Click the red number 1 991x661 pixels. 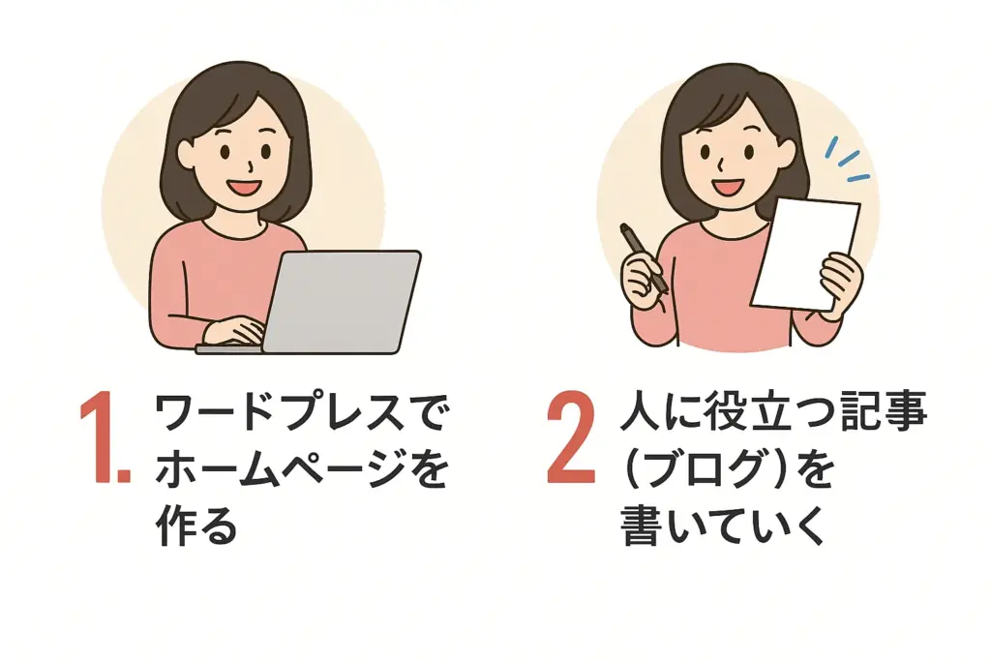[97, 437]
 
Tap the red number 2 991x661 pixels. [571, 437]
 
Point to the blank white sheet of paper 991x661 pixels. [805, 254]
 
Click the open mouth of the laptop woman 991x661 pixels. [245, 187]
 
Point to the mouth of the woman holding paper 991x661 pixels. [728, 187]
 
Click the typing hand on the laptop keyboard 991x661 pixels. [235, 331]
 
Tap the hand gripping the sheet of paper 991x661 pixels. [841, 282]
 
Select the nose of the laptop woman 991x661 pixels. [250, 165]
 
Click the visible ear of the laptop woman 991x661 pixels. [184, 152]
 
